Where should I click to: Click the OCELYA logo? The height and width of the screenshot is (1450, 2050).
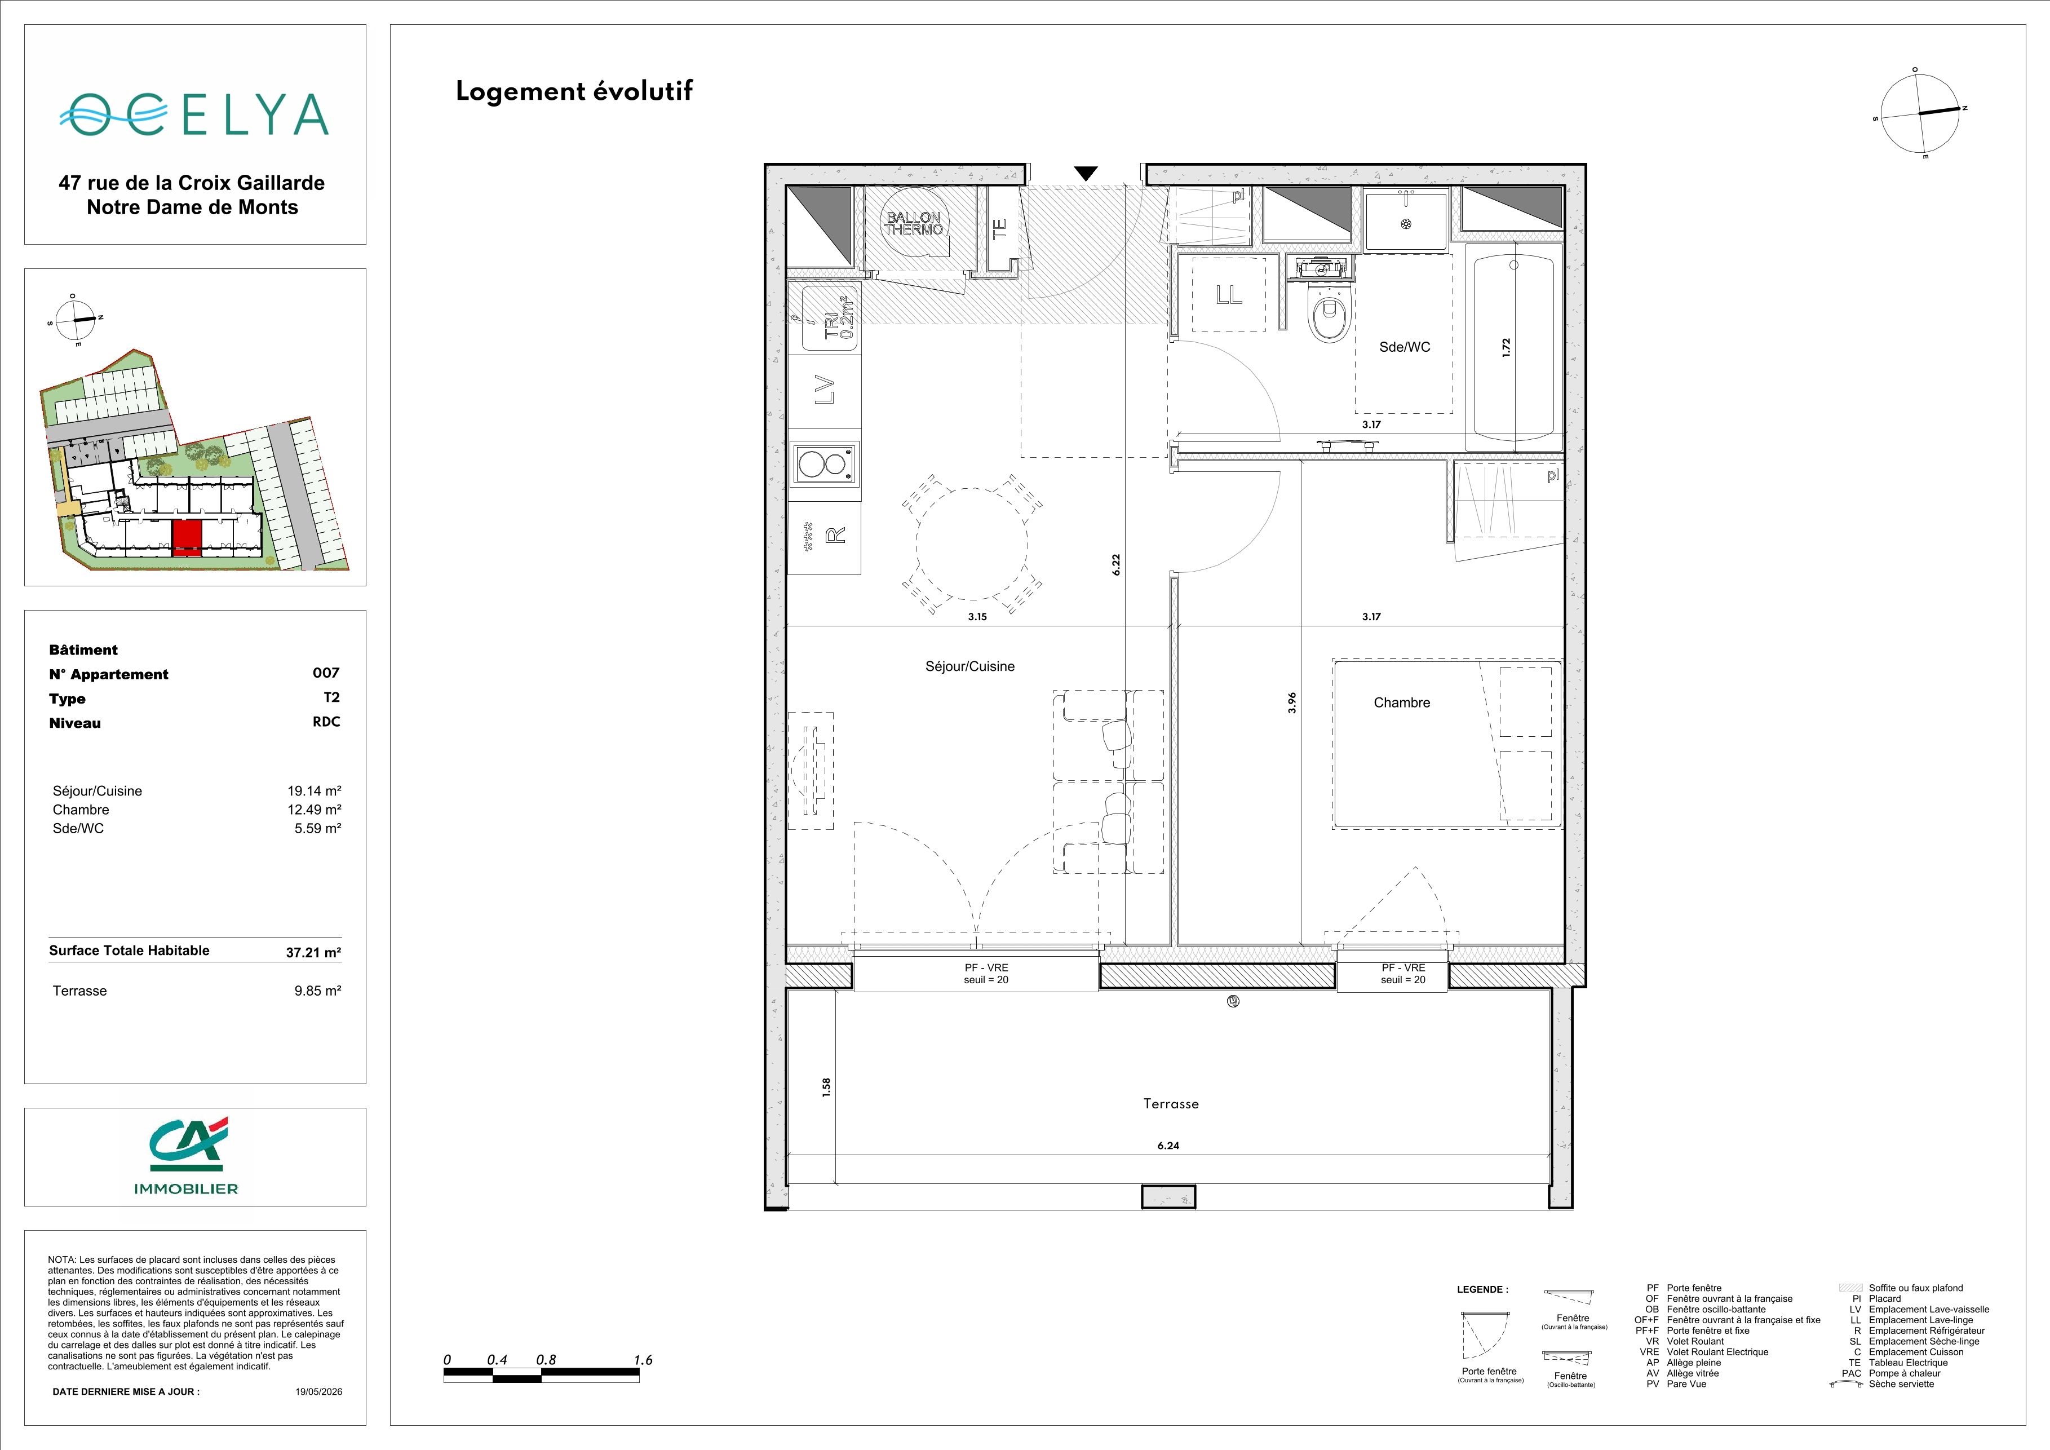click(x=194, y=115)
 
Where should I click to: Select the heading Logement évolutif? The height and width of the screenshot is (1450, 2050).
click(x=574, y=92)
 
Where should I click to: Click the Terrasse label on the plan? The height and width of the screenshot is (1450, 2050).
click(x=1171, y=1104)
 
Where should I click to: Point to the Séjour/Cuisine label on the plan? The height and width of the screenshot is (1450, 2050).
click(x=969, y=666)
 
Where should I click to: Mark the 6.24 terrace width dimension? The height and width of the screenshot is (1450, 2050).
click(x=1168, y=1146)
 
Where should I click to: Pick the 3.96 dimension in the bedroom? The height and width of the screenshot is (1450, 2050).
click(x=1292, y=702)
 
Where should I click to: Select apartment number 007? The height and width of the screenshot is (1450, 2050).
click(x=326, y=673)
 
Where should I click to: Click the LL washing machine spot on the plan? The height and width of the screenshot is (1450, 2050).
click(x=1229, y=294)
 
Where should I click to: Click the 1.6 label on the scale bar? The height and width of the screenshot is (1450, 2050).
click(x=643, y=1360)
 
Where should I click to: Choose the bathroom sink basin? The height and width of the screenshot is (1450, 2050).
click(x=1405, y=222)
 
